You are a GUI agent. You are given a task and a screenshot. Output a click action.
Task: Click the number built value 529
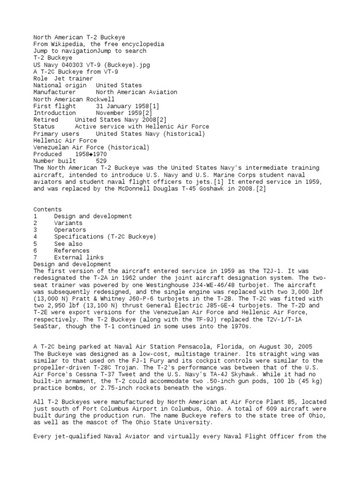coord(101,161)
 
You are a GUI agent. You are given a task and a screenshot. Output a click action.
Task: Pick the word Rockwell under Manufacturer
coord(99,99)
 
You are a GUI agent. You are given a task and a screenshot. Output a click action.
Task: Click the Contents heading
coord(47,210)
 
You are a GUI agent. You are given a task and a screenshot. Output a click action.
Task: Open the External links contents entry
coord(79,257)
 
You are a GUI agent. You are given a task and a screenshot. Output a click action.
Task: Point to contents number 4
coord(35,237)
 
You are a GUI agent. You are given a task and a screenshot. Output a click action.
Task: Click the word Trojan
coord(117,367)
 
